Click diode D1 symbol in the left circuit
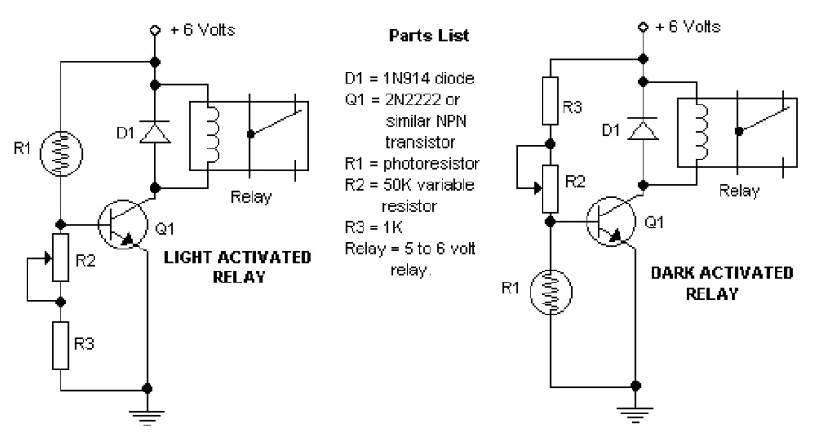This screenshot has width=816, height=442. (x=154, y=133)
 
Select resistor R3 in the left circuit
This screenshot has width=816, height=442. (x=61, y=344)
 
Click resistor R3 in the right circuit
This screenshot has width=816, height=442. (x=550, y=99)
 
